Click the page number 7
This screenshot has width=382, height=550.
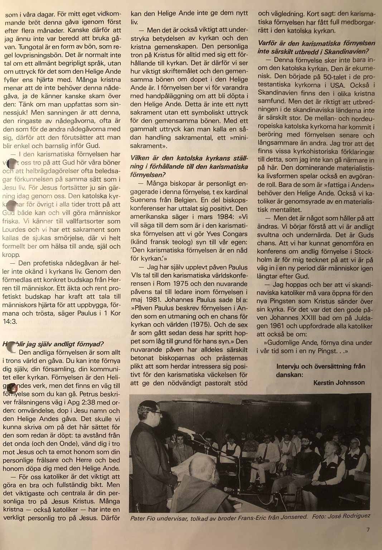[x=368, y=530]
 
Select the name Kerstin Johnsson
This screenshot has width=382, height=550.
[x=339, y=383]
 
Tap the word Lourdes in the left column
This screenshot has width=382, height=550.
[x=14, y=230]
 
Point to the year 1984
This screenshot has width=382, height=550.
[x=226, y=217]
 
